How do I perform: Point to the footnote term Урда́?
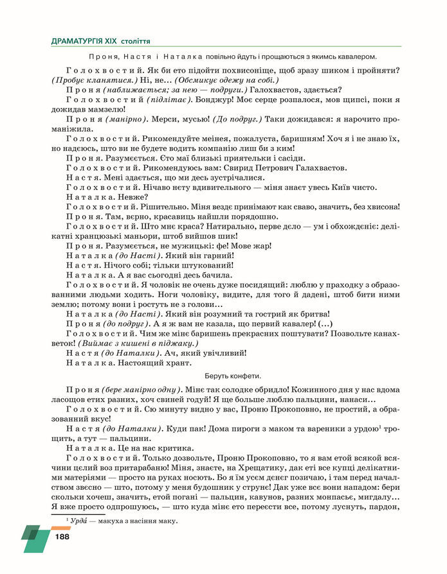coord(80,521)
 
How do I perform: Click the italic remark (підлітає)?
coord(167,100)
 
